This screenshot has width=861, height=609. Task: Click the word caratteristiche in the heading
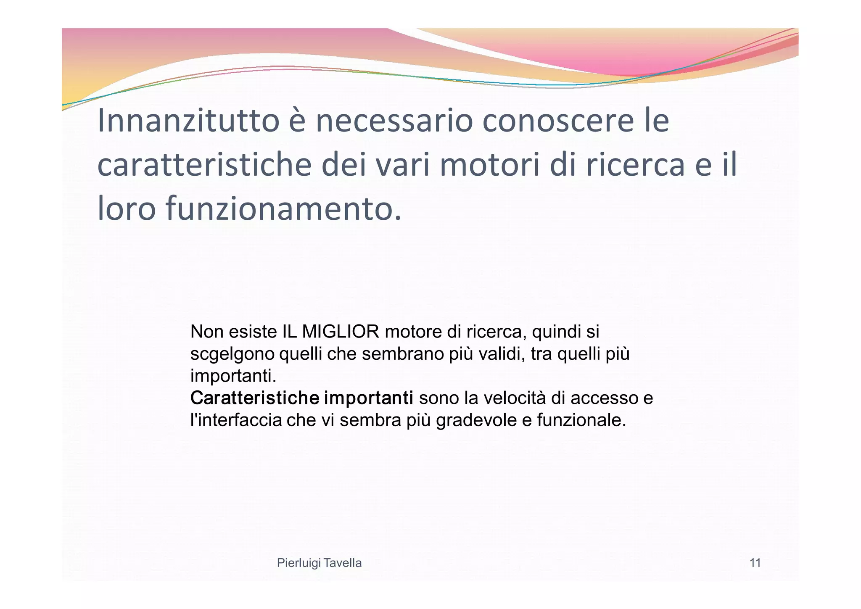(204, 166)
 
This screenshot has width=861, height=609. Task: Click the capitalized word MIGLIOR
(340, 332)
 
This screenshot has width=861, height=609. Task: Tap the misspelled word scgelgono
(232, 355)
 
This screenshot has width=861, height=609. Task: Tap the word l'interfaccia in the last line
(236, 420)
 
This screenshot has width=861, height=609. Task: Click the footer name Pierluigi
(299, 563)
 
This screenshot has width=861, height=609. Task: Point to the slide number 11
(755, 563)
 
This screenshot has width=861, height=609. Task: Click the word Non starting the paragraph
(206, 332)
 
